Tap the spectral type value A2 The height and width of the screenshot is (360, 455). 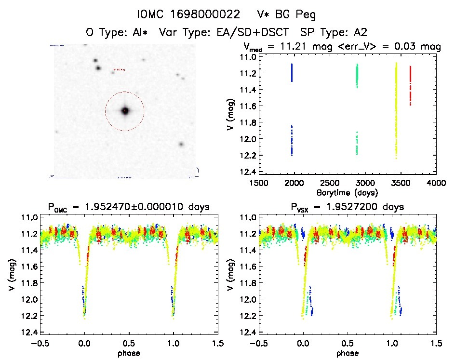[x=361, y=32]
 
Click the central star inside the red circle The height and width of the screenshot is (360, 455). [x=125, y=111]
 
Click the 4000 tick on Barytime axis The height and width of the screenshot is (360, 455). [x=436, y=183]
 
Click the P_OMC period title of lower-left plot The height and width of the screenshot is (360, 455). [x=129, y=208]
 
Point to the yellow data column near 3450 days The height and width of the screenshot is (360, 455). [x=396, y=111]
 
